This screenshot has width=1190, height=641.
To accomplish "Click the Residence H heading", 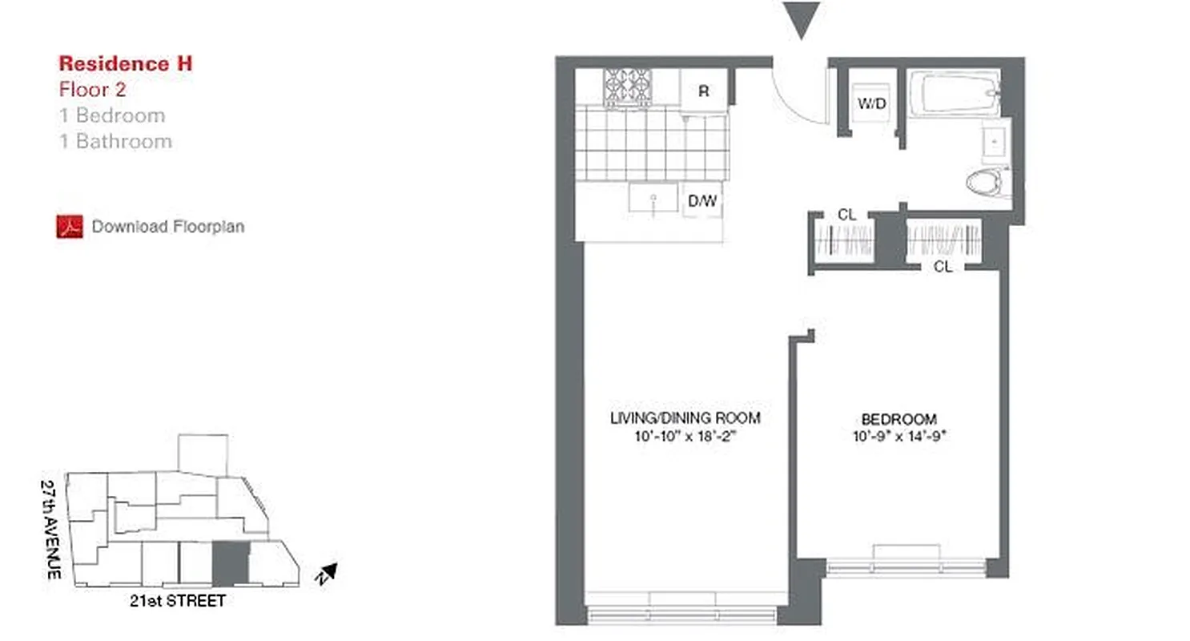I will (125, 64).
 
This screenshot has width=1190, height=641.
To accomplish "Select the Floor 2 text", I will (92, 90).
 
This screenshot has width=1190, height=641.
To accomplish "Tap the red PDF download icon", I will (70, 227).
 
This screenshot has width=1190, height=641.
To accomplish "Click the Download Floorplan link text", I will (167, 227).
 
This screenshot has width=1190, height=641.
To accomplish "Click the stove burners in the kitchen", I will (627, 86).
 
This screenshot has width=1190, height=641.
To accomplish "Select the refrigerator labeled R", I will (703, 90).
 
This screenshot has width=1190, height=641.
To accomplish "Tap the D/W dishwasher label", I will (702, 201).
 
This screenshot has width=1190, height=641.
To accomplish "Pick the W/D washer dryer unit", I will (870, 103).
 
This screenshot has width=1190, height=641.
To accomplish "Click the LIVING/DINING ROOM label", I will (685, 418).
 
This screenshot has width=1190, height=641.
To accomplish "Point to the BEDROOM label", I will (899, 419).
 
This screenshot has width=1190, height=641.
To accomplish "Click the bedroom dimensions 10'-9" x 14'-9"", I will (899, 437).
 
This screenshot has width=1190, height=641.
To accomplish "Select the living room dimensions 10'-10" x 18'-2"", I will (685, 437).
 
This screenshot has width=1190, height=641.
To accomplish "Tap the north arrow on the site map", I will (326, 572).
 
